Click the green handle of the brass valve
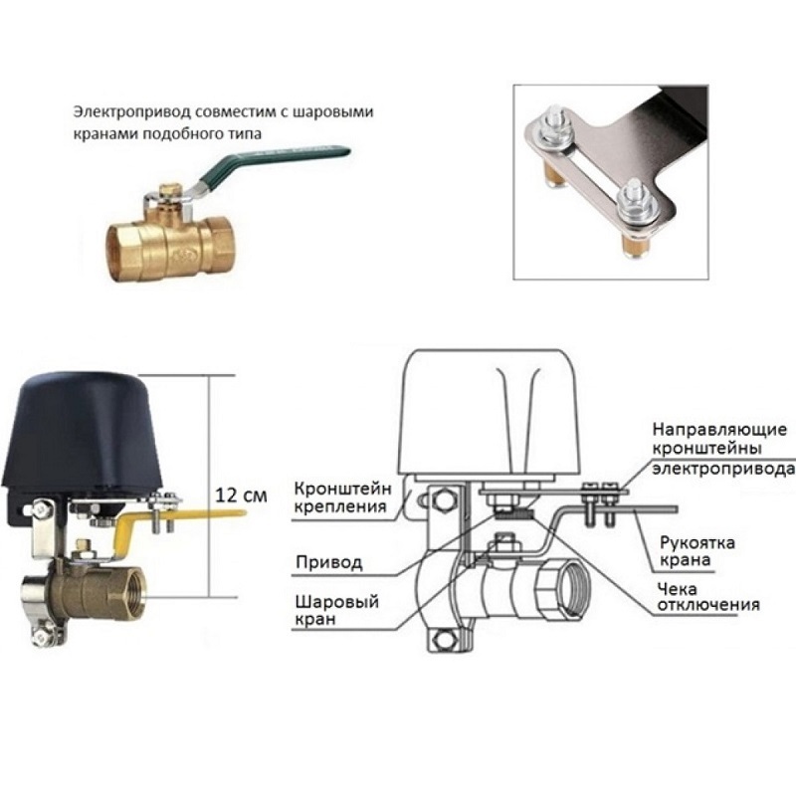tap(275, 163)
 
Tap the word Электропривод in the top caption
tap(131, 111)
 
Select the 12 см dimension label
tap(241, 496)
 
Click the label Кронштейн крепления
tap(342, 498)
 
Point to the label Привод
tap(329, 562)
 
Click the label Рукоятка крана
tap(696, 551)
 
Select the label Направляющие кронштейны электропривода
tap(723, 450)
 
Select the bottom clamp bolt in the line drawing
tap(444, 638)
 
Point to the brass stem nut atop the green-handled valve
tap(167, 192)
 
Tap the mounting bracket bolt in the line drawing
tap(443, 500)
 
